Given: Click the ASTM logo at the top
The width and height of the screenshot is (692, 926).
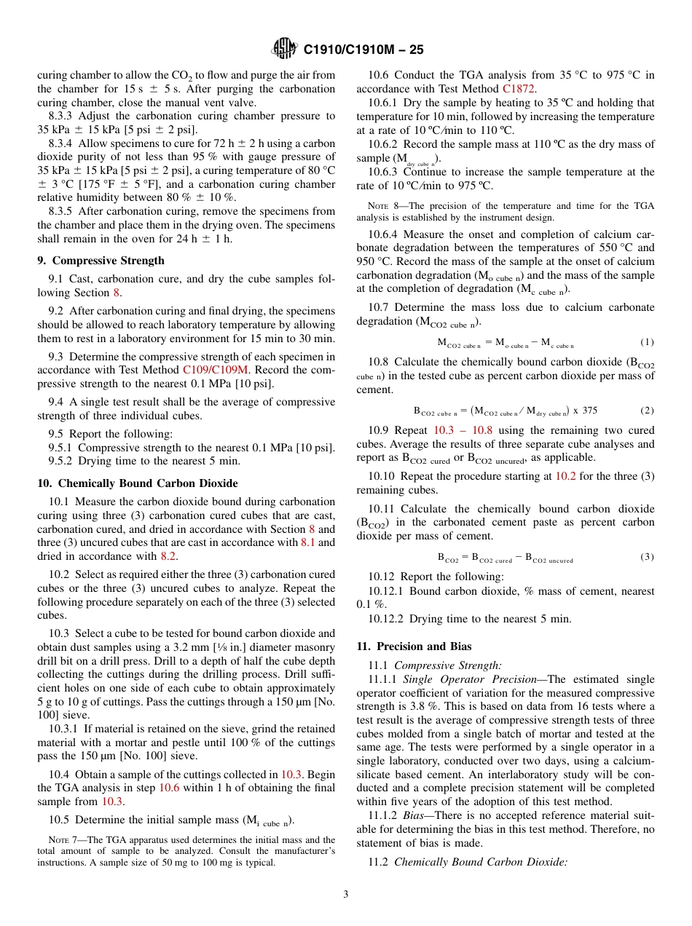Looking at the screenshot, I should pos(284,49).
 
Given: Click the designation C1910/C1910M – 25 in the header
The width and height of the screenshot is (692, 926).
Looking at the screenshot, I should pos(363,50).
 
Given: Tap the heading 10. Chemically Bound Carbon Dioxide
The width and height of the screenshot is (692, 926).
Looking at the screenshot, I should pos(138,483).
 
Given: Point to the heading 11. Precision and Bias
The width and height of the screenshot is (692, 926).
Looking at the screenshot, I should pos(414,646).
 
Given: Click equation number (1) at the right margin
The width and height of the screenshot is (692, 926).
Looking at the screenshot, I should pos(647,342).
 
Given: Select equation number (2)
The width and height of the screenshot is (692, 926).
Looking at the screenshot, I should pos(647,410).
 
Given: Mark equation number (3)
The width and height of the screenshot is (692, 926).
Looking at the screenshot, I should pos(647,557).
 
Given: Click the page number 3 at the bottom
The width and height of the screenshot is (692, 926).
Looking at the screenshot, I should pos(346,894).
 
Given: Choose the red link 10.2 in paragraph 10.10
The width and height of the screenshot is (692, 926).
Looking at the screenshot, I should pos(565,476).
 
